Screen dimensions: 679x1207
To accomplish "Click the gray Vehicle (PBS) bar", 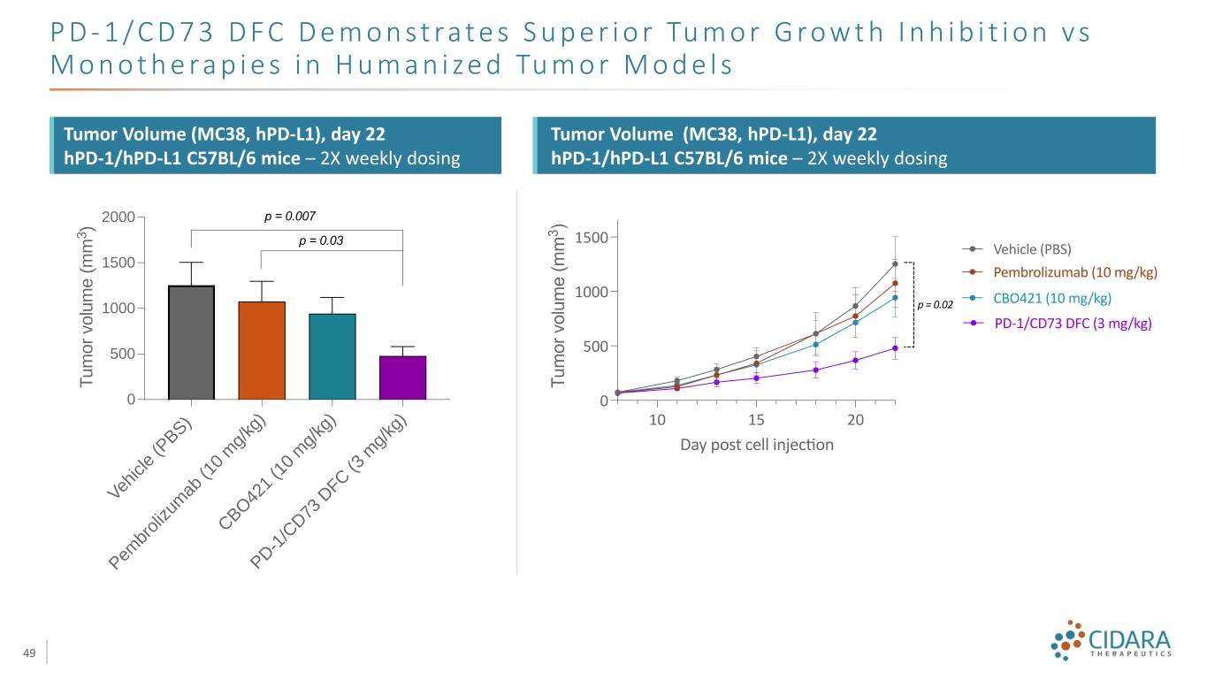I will (191, 342).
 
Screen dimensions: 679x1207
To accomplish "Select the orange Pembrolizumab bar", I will (262, 350).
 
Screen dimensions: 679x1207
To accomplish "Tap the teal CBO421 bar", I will (332, 356).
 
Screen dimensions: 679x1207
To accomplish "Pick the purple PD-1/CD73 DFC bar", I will (402, 378).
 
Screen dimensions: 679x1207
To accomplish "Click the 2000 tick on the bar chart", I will (118, 217).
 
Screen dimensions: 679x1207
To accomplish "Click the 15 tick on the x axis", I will (756, 418).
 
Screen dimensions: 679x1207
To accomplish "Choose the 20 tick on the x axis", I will (855, 418).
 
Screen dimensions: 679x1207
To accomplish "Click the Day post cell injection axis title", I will (757, 444).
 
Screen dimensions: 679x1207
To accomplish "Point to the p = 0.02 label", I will (935, 305).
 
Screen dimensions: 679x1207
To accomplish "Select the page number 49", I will (29, 652).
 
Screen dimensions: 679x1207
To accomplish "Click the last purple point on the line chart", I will (895, 347).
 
